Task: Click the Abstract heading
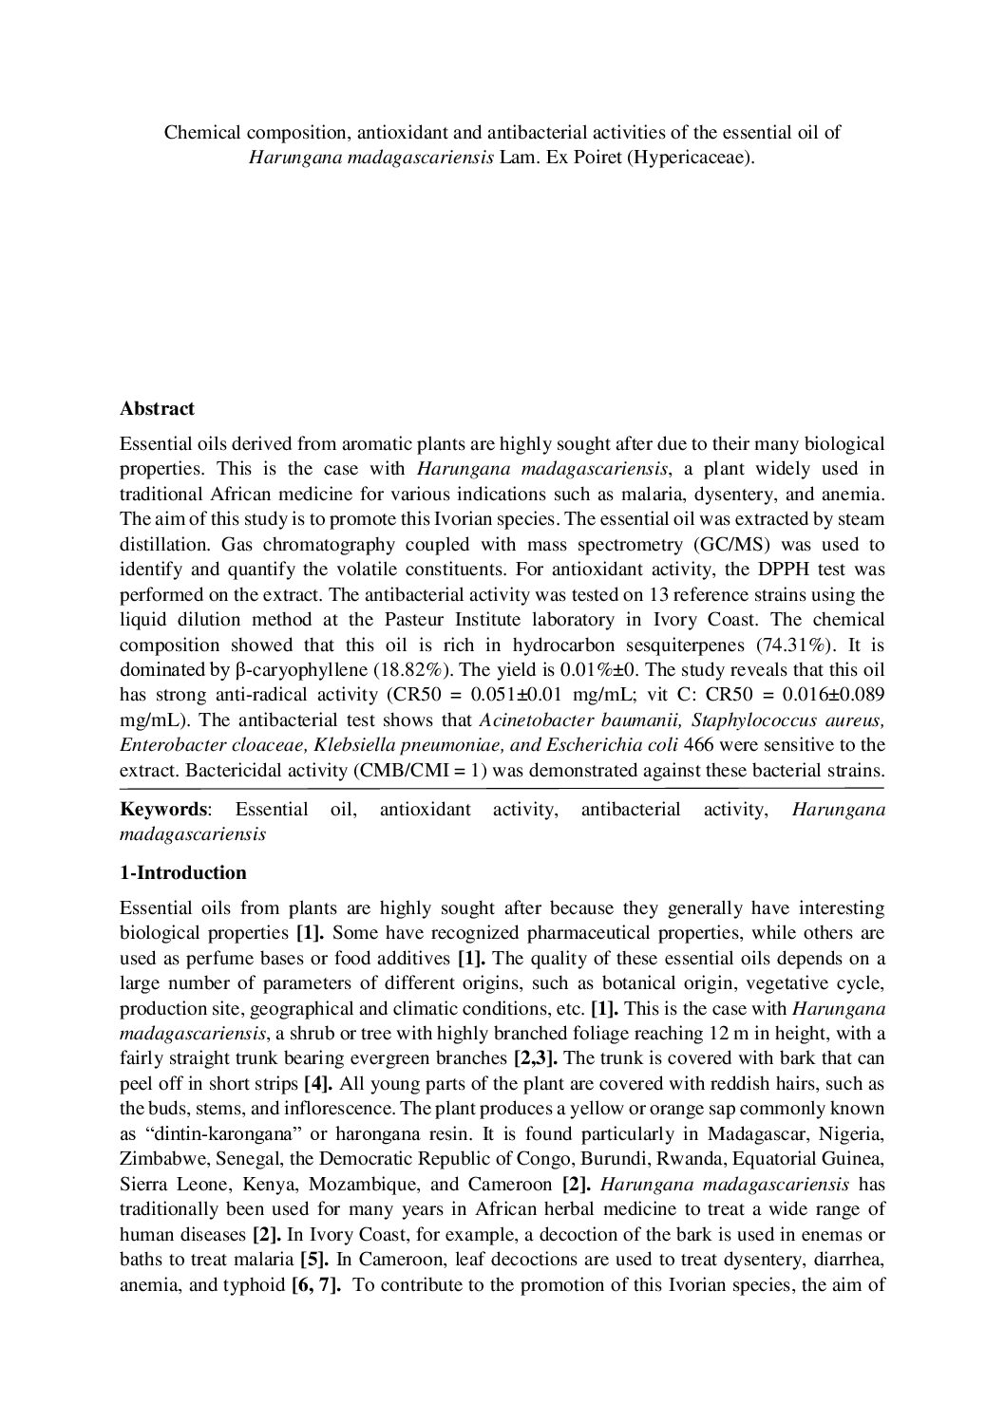coord(157,409)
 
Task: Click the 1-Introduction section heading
coord(183,873)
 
